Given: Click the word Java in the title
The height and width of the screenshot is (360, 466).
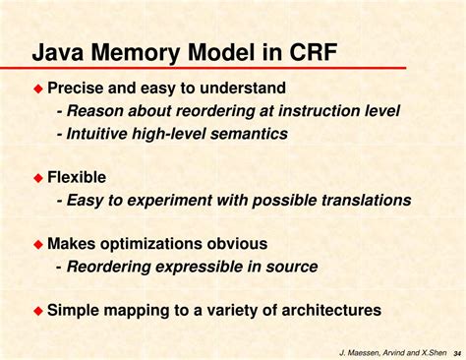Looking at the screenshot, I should click(x=64, y=51).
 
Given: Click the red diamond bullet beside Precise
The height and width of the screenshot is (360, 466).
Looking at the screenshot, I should click(x=39, y=89).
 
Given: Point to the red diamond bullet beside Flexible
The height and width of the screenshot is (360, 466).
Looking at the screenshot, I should click(x=39, y=178).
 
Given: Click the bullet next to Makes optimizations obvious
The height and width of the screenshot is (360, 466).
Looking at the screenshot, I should click(x=39, y=244).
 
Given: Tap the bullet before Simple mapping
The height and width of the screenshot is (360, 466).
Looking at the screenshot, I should click(x=39, y=311).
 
